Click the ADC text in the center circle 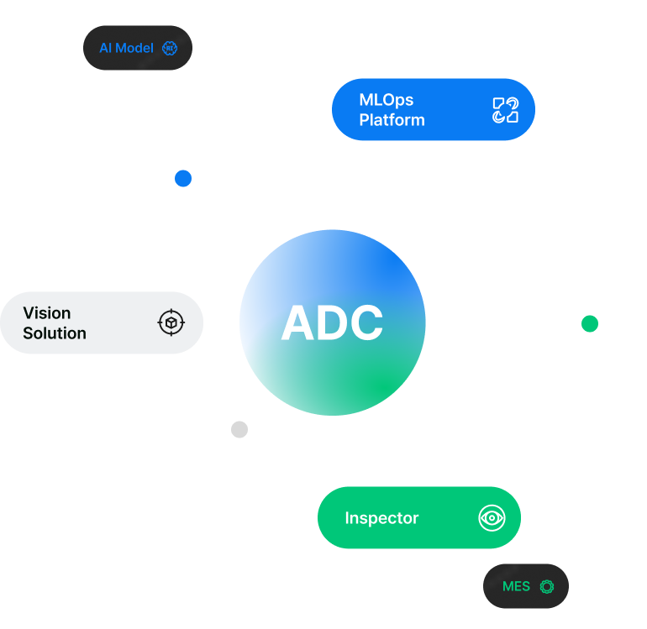332,323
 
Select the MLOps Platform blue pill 433,109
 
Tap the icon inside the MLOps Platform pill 505,110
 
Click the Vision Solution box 101,322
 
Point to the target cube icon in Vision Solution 171,322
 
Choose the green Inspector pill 418,517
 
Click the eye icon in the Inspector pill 492,517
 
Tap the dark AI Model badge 137,48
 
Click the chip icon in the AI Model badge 170,48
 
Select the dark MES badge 525,585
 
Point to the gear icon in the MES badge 547,585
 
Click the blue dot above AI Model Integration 183,178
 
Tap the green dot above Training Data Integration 589,323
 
